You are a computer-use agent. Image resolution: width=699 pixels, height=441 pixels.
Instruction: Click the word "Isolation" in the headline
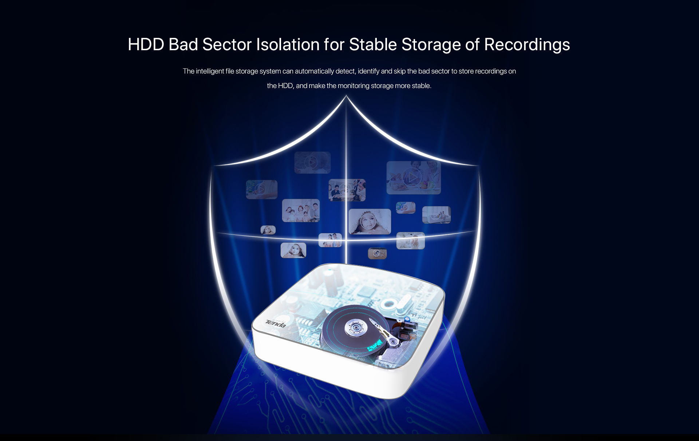pos(288,44)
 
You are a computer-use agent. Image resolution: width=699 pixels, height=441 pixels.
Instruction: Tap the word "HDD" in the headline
pos(146,44)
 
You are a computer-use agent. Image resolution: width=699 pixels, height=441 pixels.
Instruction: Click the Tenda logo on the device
pos(276,323)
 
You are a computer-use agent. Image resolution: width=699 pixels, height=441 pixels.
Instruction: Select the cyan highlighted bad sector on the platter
pos(375,345)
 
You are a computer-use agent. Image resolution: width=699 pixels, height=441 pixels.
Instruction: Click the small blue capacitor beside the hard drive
pos(407,319)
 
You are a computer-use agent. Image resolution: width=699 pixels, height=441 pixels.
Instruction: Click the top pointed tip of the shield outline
pos(346,96)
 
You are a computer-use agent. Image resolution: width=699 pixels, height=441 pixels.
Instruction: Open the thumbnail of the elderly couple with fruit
pos(414,178)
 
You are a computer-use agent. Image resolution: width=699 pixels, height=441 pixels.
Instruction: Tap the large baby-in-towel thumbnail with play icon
pos(370,222)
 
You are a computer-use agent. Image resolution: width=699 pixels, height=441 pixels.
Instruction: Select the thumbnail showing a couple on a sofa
pos(437,215)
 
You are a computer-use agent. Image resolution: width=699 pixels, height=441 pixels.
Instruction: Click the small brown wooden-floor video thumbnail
pos(377,253)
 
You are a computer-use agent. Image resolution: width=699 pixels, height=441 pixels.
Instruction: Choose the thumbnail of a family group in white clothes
pos(301,210)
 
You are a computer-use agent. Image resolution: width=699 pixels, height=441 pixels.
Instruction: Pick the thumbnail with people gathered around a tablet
pos(347,190)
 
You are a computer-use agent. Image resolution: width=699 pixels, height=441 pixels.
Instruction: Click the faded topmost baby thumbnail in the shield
pos(312,163)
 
